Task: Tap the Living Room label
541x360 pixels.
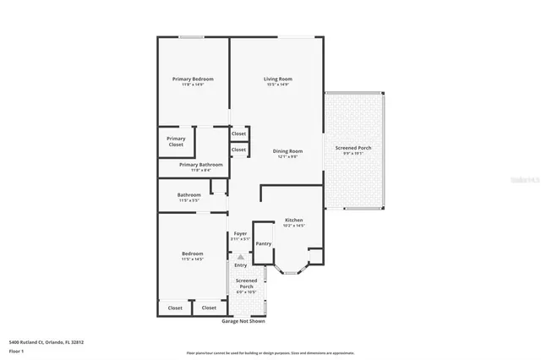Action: [277, 79]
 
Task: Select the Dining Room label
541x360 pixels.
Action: [287, 151]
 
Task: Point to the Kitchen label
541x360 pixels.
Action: [293, 220]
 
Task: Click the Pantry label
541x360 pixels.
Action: [263, 243]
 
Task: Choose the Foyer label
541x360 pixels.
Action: [240, 233]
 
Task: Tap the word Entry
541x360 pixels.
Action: [241, 265]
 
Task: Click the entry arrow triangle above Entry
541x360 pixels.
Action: [240, 257]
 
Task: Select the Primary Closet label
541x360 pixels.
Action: [176, 141]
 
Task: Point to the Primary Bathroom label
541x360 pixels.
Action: [201, 164]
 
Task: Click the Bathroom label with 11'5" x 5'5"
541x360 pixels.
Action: [189, 195]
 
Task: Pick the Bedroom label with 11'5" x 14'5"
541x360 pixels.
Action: [192, 254]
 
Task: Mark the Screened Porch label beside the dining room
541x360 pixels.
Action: [353, 148]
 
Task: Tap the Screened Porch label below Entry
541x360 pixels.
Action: [246, 283]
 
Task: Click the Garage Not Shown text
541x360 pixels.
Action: [243, 321]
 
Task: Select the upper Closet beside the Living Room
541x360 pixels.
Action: [238, 134]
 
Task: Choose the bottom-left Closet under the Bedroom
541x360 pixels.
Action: [175, 308]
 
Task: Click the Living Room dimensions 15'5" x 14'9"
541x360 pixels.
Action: [277, 85]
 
